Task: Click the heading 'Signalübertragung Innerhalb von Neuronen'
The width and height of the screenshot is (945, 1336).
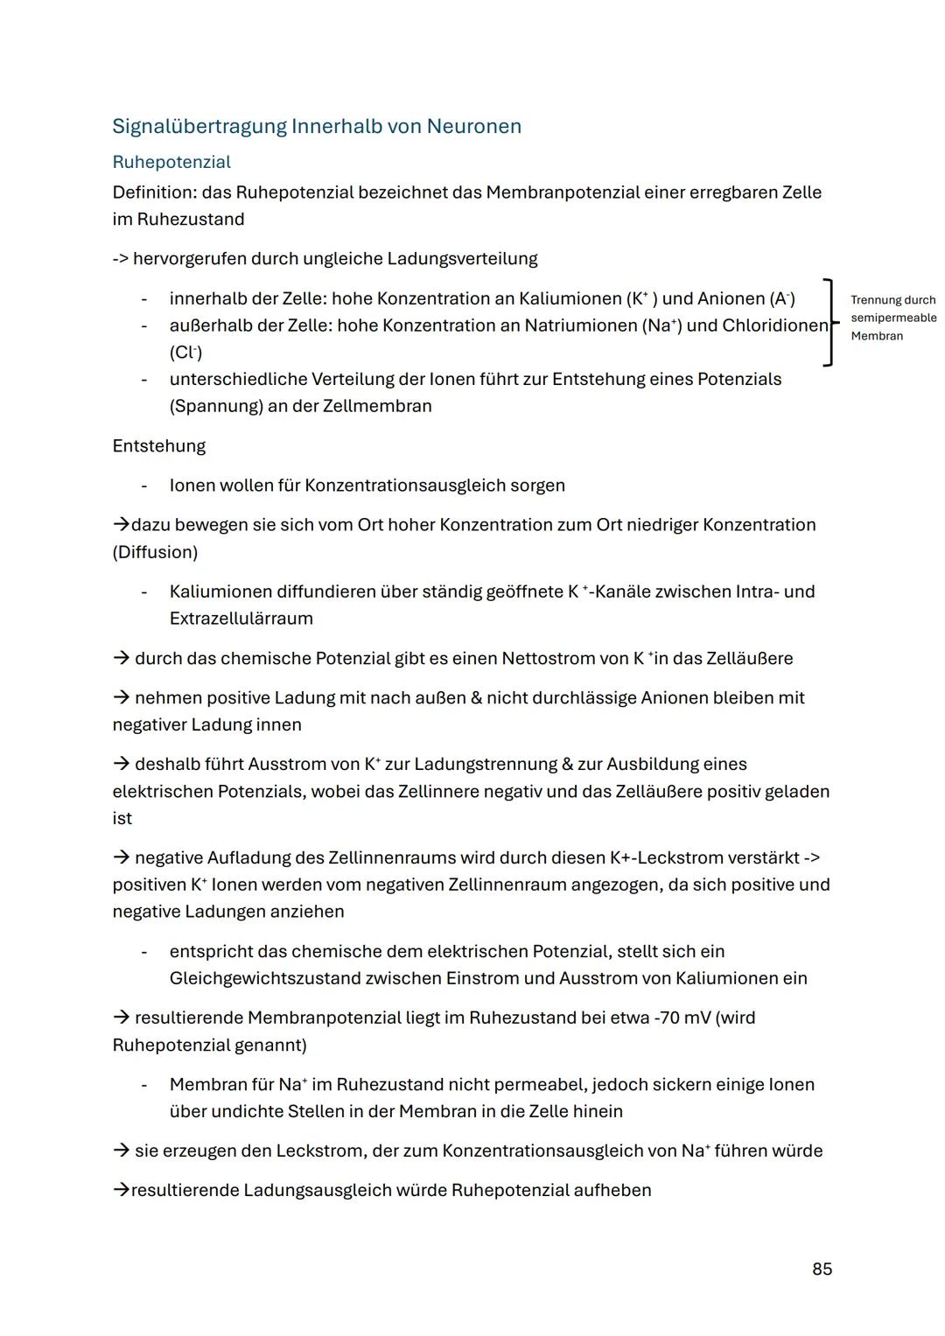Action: click(x=317, y=126)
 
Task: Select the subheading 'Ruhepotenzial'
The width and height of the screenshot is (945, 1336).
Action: click(x=171, y=162)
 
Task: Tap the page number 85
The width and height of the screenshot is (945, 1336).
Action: click(x=822, y=1269)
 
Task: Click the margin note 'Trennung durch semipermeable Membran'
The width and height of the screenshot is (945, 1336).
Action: click(x=892, y=318)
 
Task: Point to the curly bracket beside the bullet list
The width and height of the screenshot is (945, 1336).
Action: click(x=829, y=322)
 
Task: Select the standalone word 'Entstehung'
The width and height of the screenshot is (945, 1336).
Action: click(x=158, y=445)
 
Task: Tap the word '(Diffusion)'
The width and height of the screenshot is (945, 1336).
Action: click(x=155, y=552)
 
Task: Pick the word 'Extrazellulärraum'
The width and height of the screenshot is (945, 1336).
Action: click(x=241, y=619)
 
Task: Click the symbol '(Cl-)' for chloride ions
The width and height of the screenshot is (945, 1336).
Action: click(x=185, y=353)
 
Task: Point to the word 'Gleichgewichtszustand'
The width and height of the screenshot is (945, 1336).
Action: click(x=264, y=978)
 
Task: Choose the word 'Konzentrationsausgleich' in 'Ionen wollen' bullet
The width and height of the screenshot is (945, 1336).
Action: click(x=405, y=485)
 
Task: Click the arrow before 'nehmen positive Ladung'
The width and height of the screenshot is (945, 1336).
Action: click(x=121, y=697)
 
